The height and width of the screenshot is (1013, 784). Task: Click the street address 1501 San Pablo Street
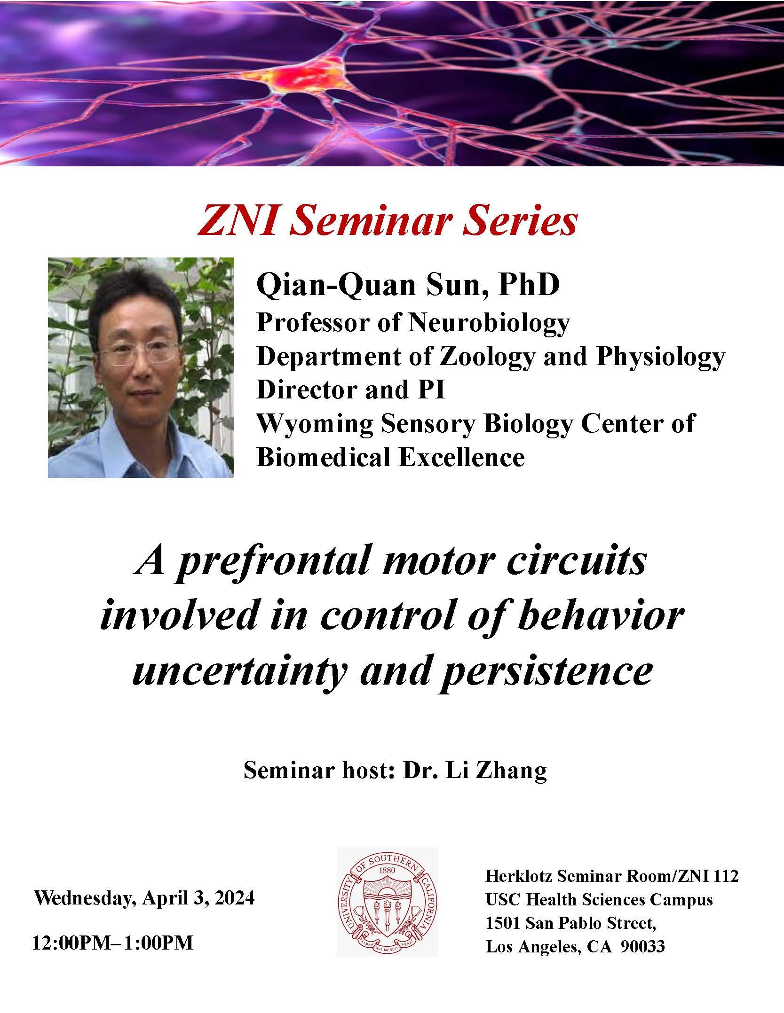570,923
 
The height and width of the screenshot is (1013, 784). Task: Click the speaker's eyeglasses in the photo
139,352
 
